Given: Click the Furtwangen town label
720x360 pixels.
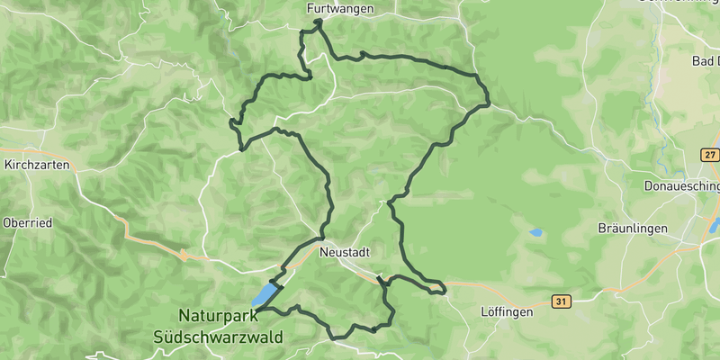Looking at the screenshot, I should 339,8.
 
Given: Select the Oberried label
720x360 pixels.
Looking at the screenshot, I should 28,222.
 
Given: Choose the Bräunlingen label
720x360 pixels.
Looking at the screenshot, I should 633,229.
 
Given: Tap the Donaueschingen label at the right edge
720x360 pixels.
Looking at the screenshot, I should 682,186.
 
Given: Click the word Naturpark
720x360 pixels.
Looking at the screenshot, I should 217,316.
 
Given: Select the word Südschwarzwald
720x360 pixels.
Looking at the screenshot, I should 217,337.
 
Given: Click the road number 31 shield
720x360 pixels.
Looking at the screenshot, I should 562,301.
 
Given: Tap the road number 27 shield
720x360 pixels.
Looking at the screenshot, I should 710,156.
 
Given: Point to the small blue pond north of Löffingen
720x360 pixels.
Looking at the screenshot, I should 536,232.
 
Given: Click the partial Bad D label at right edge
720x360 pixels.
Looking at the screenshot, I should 706,61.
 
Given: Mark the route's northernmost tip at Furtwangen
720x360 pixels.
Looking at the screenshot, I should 319,20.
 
